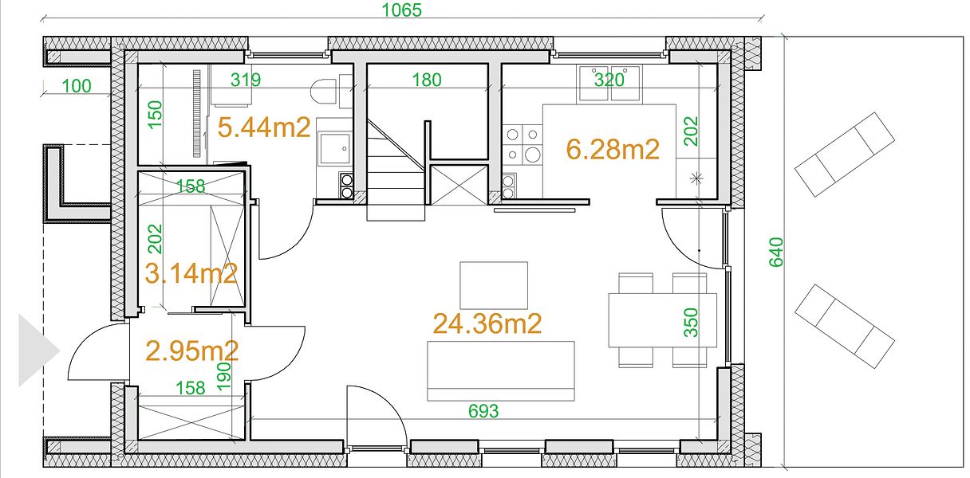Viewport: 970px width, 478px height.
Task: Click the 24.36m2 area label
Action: pyautogui.click(x=487, y=323)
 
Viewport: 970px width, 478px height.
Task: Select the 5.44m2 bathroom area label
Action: pyautogui.click(x=264, y=127)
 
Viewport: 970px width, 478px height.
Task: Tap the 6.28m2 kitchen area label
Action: pyautogui.click(x=613, y=149)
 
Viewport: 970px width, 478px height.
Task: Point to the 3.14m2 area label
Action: pyautogui.click(x=191, y=273)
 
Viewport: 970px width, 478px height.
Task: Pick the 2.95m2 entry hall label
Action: pyautogui.click(x=191, y=351)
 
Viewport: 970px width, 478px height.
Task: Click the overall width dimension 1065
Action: pyautogui.click(x=401, y=10)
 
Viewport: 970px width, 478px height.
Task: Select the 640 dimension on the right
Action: pyautogui.click(x=776, y=253)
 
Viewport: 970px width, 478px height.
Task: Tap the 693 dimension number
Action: pyautogui.click(x=483, y=411)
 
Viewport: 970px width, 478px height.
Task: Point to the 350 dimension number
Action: pyautogui.click(x=691, y=323)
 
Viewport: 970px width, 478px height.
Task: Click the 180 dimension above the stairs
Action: pyautogui.click(x=427, y=80)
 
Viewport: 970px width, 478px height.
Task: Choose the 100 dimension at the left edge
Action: pyautogui.click(x=77, y=86)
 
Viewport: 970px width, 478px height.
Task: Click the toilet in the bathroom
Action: pyautogui.click(x=324, y=92)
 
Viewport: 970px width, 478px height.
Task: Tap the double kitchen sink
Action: pyautogui.click(x=609, y=84)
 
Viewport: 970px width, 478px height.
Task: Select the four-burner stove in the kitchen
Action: pyautogui.click(x=522, y=145)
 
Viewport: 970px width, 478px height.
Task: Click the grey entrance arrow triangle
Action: pyautogui.click(x=39, y=350)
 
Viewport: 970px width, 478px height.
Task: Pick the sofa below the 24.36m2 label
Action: pyautogui.click(x=501, y=370)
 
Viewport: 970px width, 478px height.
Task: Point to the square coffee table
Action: pyautogui.click(x=494, y=285)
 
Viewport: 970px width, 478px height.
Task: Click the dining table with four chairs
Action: pyautogui.click(x=663, y=320)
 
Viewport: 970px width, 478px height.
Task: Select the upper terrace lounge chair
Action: pyautogui.click(x=845, y=155)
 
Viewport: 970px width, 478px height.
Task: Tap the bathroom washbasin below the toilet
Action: pyautogui.click(x=334, y=148)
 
